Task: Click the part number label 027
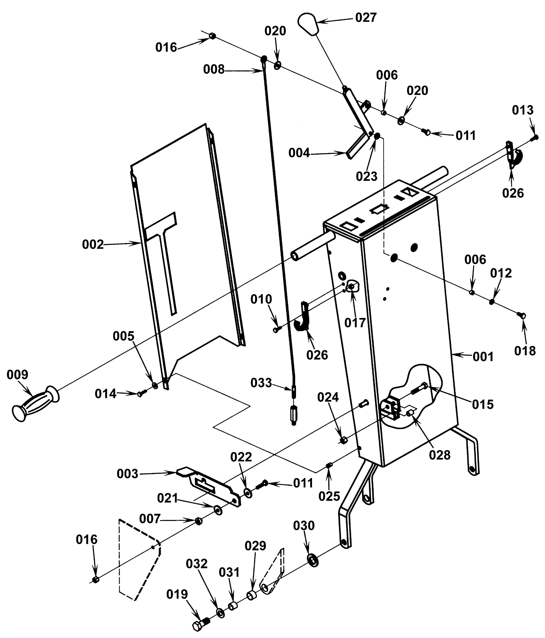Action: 366,17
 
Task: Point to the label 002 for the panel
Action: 93,244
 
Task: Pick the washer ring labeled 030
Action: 312,560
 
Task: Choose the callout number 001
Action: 483,356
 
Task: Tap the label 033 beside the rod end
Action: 261,383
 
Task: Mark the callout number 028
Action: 439,454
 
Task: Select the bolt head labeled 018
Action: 521,315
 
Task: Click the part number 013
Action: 523,110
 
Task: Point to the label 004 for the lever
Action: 299,153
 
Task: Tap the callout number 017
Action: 355,322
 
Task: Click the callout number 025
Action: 329,496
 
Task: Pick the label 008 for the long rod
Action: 214,69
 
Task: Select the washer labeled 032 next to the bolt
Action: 220,613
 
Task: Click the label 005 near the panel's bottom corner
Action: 124,336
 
